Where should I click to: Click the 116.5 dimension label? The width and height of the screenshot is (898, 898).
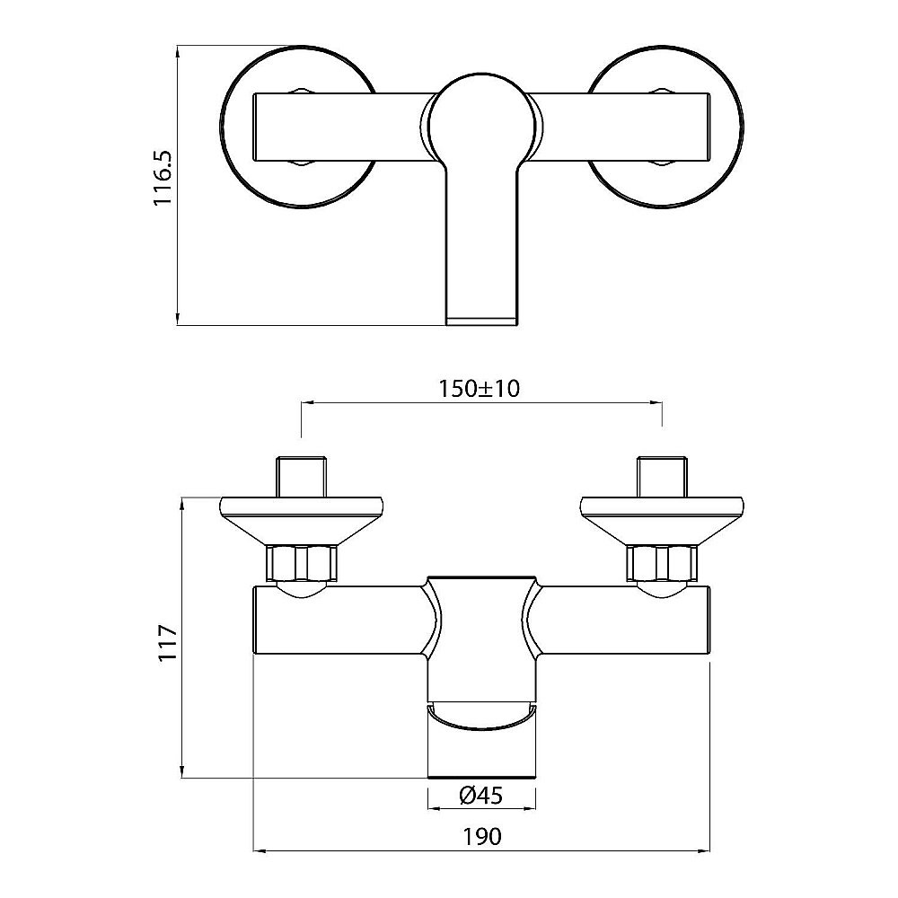point(163,178)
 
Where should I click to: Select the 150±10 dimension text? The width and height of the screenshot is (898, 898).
point(480,389)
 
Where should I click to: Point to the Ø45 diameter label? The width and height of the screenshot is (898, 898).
point(481,796)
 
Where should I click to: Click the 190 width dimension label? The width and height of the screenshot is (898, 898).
point(481,837)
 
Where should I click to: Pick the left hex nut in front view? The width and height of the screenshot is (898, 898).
point(302,564)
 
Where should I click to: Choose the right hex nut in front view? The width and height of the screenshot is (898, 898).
point(662,564)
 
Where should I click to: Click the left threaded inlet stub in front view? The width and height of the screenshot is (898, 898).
point(302,477)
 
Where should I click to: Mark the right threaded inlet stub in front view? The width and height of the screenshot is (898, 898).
point(662,477)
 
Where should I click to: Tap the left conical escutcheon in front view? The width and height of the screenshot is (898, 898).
point(302,522)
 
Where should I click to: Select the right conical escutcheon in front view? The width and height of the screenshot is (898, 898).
point(662,522)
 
